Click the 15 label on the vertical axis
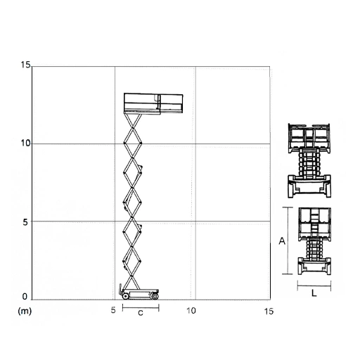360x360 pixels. pos(26,65)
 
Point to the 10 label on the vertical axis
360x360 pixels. pos(26,143)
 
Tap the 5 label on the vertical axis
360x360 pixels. pos(25,222)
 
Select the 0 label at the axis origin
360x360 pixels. pos(25,297)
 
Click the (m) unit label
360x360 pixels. pos(25,311)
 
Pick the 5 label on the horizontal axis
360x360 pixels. pos(113,310)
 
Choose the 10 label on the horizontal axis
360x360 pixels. pos(191,311)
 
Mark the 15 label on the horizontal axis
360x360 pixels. pos(269,311)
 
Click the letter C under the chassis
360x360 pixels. pos(141,313)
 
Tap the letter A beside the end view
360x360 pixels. pos(282,240)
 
